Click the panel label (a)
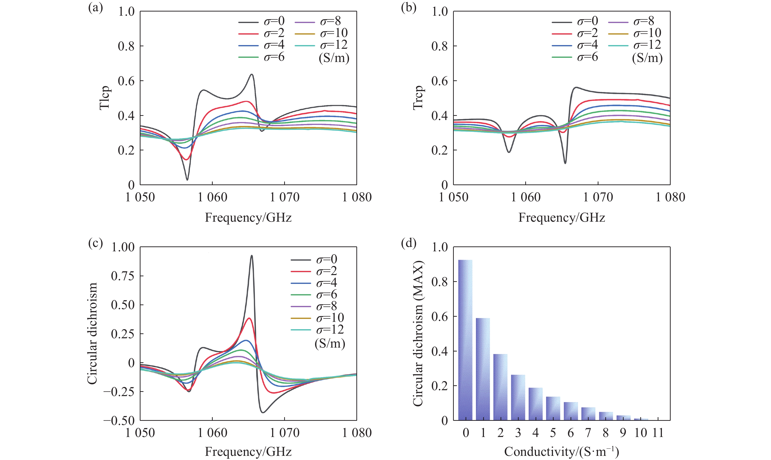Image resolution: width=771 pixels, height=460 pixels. [x=95, y=7]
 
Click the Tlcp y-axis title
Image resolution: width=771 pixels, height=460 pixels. [x=105, y=98]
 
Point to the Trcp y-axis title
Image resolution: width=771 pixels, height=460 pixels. [x=418, y=98]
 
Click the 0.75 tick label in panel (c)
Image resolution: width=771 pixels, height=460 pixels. [x=123, y=276]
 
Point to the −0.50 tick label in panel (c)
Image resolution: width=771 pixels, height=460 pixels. [x=119, y=421]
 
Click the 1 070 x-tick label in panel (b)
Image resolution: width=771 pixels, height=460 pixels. [x=598, y=197]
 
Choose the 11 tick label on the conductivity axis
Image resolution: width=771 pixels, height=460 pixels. [x=658, y=433]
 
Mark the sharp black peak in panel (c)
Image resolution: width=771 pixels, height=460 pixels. [x=252, y=256]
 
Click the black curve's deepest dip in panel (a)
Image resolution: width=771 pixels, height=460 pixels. [x=187, y=179]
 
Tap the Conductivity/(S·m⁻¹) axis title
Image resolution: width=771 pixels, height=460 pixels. [x=561, y=452]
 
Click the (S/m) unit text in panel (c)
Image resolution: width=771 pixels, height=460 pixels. [x=330, y=343]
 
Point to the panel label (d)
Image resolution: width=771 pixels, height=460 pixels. [x=409, y=243]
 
